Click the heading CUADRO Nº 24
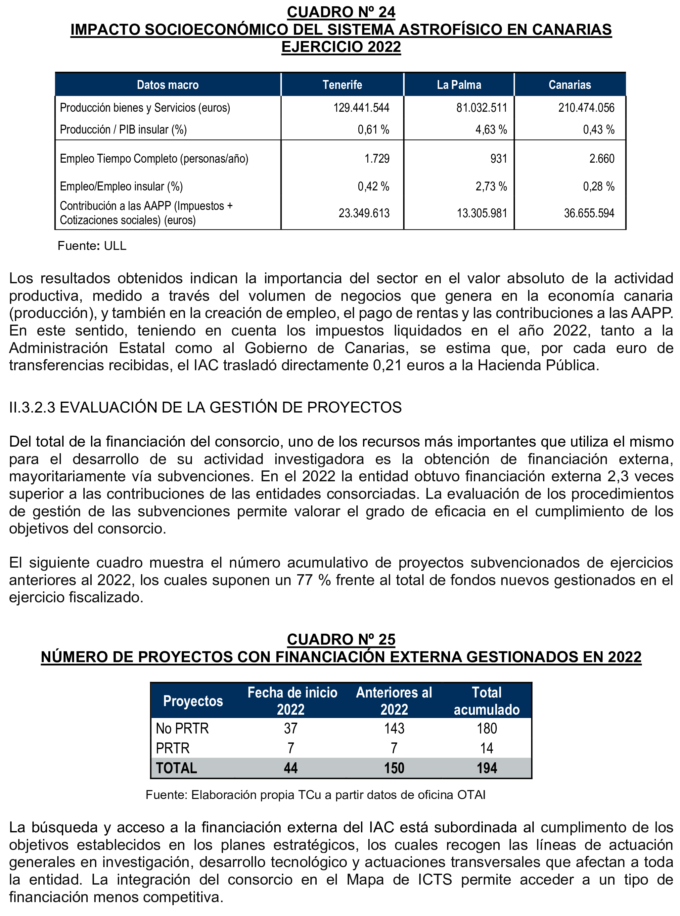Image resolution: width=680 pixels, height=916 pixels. tap(341, 12)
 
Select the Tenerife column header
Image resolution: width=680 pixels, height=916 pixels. tap(342, 85)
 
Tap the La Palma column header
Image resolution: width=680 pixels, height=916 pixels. tap(459, 85)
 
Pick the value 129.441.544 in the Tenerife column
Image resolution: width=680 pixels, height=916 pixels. tap(361, 108)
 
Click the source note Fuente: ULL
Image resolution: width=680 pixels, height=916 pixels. tap(92, 246)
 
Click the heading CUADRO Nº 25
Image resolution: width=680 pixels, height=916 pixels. tap(341, 639)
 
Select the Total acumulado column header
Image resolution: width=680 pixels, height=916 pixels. tap(486, 701)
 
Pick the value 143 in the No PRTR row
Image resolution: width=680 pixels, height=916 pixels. tap(394, 729)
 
